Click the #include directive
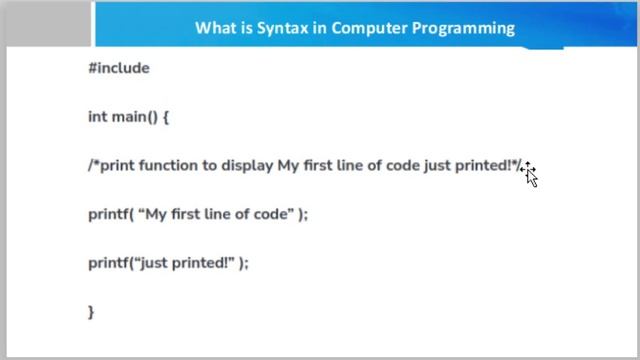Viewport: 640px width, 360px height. point(118,68)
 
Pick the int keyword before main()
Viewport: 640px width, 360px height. point(97,117)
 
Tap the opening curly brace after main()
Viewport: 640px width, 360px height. point(166,117)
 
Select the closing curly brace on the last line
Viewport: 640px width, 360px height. point(91,312)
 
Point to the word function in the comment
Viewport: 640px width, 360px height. point(163,166)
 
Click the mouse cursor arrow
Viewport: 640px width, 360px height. point(530,176)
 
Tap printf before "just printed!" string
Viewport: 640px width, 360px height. point(108,263)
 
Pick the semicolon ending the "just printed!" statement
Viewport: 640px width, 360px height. point(245,263)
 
